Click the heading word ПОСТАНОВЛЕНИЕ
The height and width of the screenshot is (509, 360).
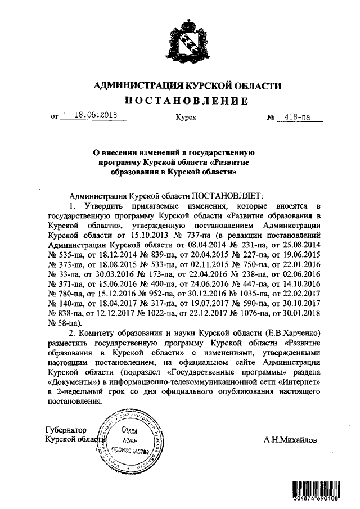186,101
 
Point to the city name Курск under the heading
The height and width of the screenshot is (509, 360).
185,118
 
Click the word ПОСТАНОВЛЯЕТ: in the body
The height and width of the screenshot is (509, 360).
226,196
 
